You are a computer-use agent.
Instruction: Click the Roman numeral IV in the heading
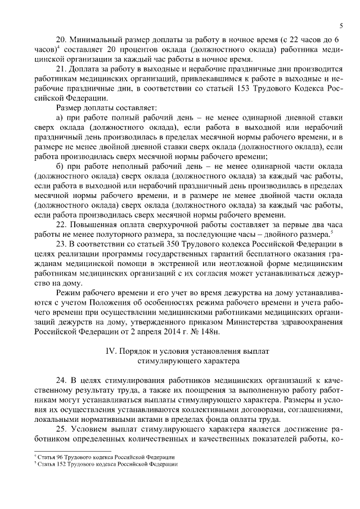pos(110,351)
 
